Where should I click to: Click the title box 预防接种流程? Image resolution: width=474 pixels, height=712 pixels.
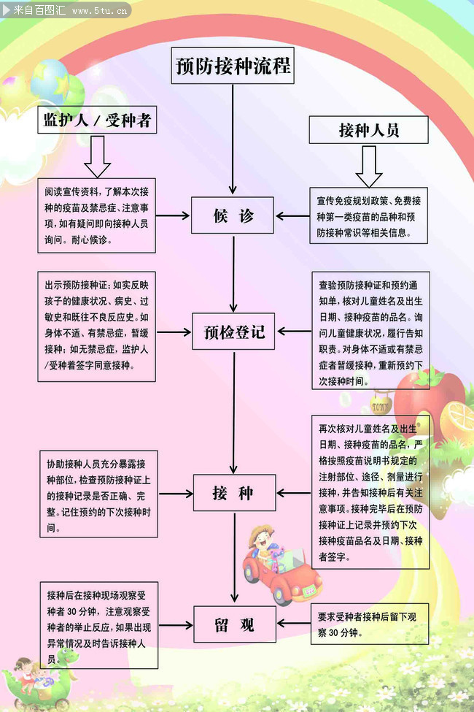[x=233, y=66]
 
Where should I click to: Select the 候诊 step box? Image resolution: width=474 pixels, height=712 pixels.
[x=233, y=215]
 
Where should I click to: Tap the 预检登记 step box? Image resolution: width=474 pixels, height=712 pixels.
[x=233, y=333]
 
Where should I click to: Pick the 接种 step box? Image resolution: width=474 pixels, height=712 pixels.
[x=233, y=493]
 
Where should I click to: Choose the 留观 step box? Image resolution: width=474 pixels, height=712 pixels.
[x=233, y=624]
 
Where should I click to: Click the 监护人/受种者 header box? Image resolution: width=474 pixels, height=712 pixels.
[x=97, y=121]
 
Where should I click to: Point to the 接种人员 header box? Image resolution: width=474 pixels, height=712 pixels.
[x=368, y=130]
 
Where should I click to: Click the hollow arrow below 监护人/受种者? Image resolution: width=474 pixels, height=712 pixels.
[x=97, y=156]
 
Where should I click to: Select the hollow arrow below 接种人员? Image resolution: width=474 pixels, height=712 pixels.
[x=368, y=166]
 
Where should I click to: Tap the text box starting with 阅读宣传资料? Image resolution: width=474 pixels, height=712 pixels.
[x=97, y=215]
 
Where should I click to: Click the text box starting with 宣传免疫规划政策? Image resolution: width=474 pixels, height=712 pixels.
[x=368, y=217]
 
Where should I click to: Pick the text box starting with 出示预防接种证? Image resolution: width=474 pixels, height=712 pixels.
[x=97, y=326]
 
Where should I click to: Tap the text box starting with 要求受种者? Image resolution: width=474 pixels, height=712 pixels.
[x=369, y=624]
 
